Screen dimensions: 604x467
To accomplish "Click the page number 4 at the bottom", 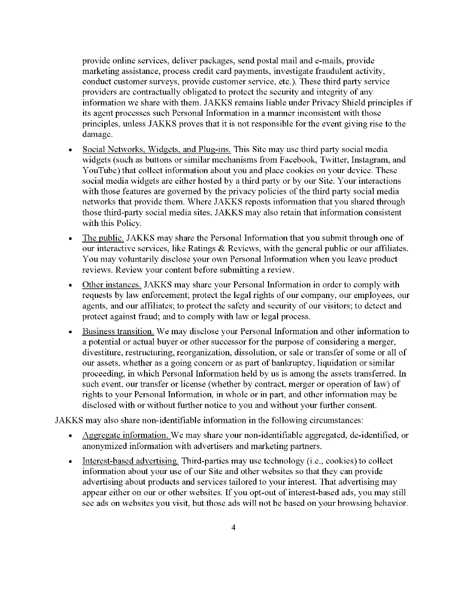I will pos(233,527).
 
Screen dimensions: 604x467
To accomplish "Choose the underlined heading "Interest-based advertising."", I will pos(130,461).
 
